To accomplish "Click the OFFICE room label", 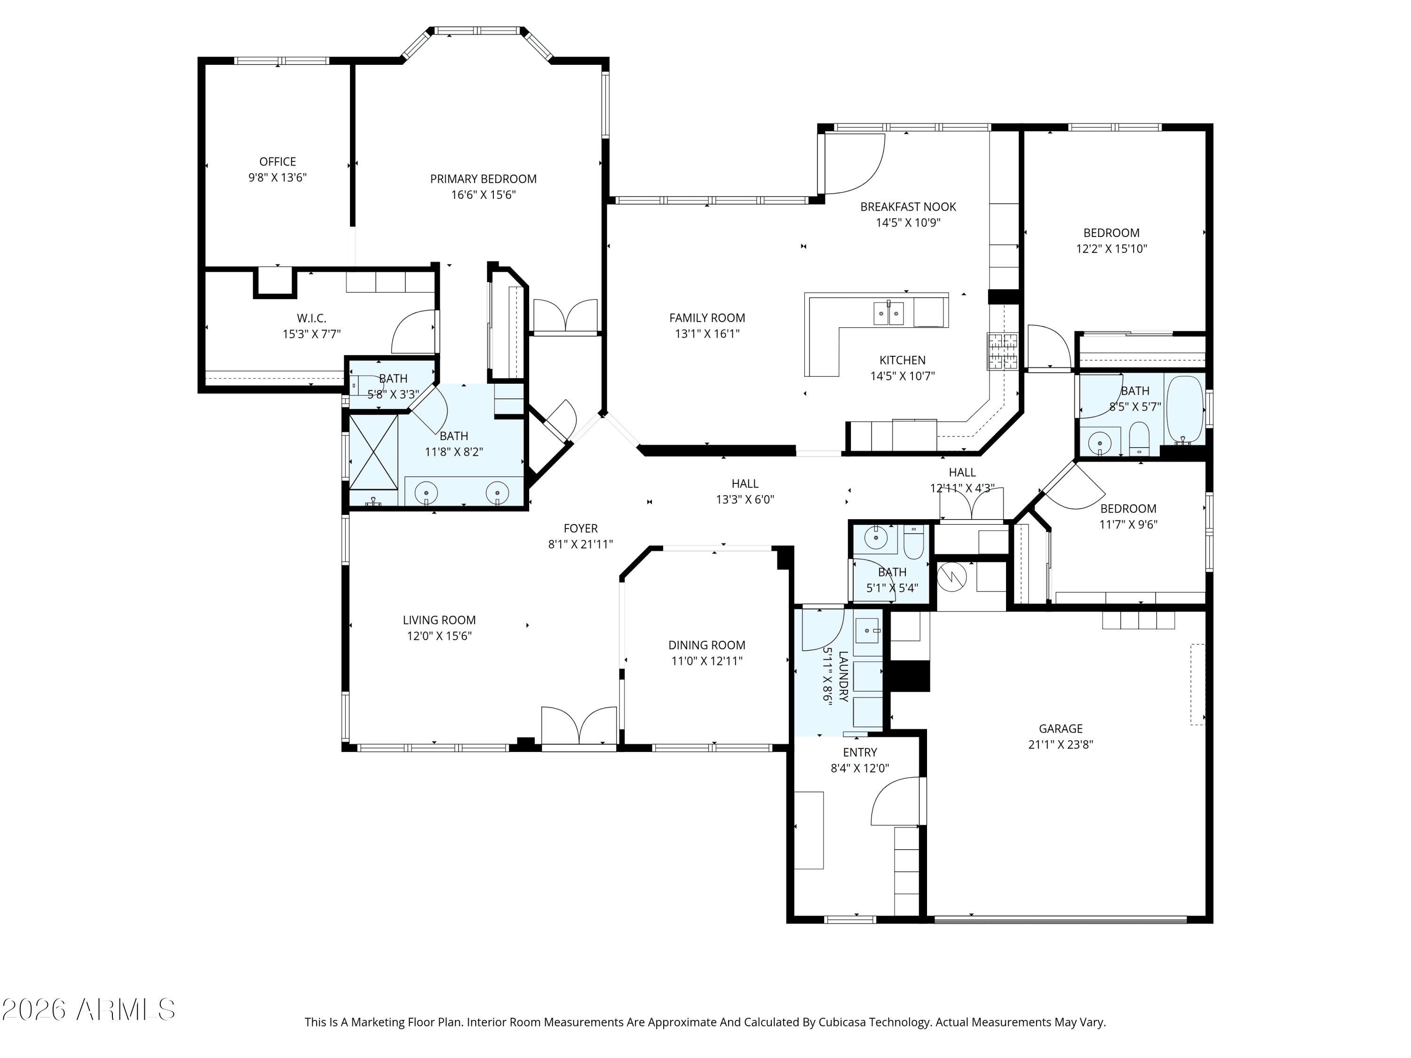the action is [x=277, y=162].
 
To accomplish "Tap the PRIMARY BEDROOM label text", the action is [x=483, y=179].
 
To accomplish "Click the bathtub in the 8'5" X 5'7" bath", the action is [x=1185, y=410].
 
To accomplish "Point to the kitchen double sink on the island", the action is [x=888, y=313].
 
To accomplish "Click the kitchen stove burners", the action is [x=1003, y=351].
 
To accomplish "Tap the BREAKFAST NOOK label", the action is [x=908, y=206].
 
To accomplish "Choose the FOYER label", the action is [x=580, y=528].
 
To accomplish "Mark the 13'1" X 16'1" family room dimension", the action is [x=707, y=333].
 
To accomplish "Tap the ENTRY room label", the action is [x=859, y=752].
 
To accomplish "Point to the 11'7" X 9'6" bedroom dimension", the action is [x=1128, y=524].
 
